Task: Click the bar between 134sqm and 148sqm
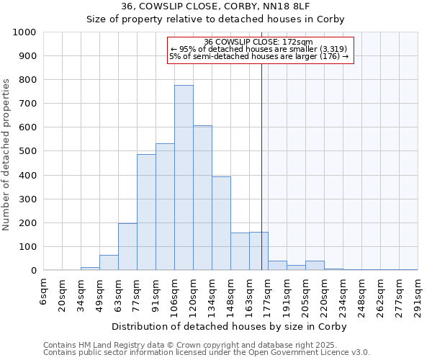pos(221,223)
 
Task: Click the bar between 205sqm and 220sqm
pos(315,266)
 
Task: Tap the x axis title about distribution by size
pos(230,326)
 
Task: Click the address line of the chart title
pos(215,6)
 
